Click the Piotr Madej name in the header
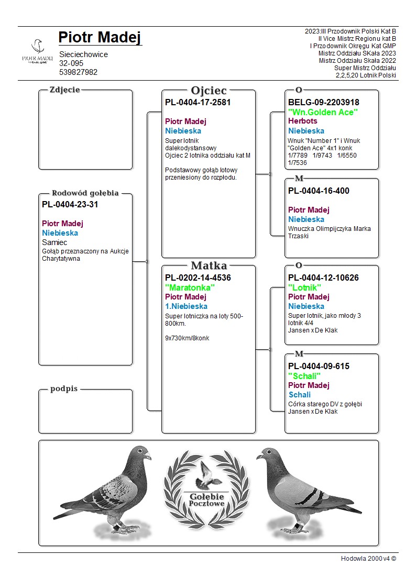pos(100,38)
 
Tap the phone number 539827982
pos(78,72)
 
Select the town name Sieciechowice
pos(83,54)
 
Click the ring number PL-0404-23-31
pos(70,205)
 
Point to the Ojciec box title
pos(209,91)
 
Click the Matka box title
pos(209,266)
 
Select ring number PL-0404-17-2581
pos(198,103)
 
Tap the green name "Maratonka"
pos(190,287)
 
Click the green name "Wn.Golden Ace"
pos(323,112)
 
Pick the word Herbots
pos(302,121)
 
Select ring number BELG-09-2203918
pos(324,103)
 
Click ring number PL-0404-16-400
pos(319,191)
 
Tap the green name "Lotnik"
pos(304,287)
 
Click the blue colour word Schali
pos(299,395)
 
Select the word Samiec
pos(54,242)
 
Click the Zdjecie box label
pos(64,90)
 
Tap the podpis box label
pos(64,389)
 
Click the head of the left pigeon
pos(140,453)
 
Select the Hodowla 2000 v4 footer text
pos(368,559)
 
